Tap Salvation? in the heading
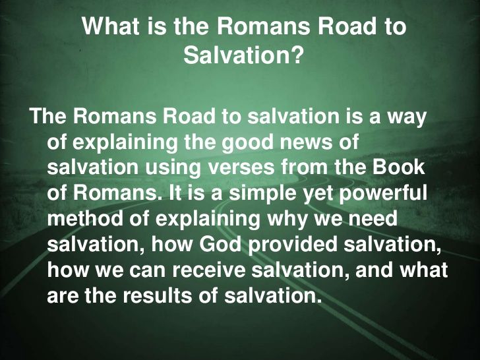pos(243,55)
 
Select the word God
pos(220,244)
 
